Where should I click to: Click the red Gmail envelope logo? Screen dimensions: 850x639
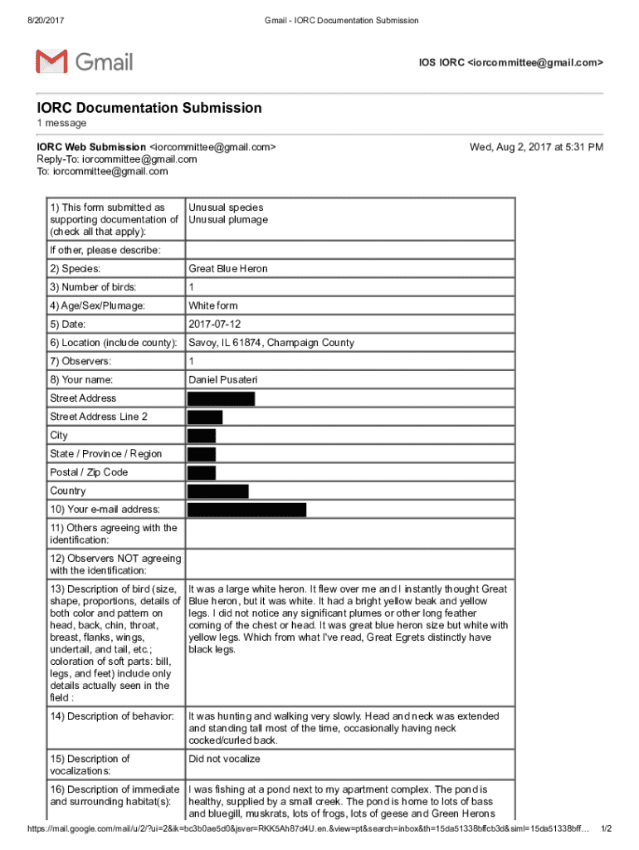coord(51,61)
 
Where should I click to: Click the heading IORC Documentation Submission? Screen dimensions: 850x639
coord(149,108)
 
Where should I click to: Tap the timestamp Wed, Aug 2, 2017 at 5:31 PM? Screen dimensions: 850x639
coord(536,147)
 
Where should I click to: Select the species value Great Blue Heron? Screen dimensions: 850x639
coord(227,269)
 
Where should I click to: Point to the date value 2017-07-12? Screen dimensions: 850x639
coord(214,325)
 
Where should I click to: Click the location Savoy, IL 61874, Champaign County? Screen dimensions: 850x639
coord(271,343)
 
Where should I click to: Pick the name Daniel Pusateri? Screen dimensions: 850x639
coord(222,379)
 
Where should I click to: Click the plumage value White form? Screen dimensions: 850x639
coord(212,305)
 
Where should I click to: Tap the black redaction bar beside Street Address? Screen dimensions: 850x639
coord(221,398)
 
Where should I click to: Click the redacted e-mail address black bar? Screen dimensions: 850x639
coord(246,510)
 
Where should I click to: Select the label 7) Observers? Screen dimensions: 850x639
coord(80,361)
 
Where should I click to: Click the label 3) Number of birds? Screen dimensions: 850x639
coord(93,287)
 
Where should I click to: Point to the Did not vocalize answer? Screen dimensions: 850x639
coord(224,759)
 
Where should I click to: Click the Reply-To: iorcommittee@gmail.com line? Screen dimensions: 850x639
coord(116,159)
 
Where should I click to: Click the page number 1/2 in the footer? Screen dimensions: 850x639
coord(606,829)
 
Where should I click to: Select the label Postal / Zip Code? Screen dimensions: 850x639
coord(89,472)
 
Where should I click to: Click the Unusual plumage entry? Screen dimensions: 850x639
coord(228,220)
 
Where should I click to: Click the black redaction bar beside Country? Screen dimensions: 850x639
coord(217,491)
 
